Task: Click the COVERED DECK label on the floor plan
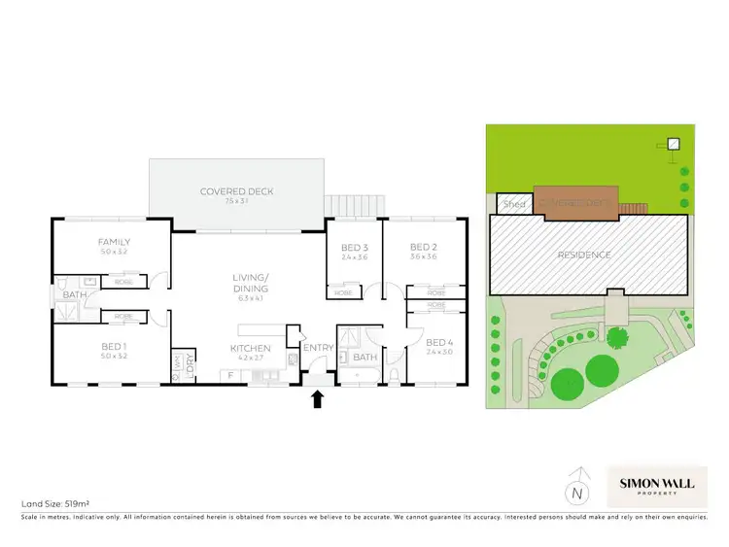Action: click(236, 191)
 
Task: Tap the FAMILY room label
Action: click(114, 242)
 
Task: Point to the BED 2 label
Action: click(420, 247)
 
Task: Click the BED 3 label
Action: click(354, 247)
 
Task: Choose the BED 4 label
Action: click(439, 342)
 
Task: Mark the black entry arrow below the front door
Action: click(316, 399)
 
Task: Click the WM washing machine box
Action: click(178, 365)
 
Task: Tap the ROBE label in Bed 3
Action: click(343, 291)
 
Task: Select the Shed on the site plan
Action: click(511, 204)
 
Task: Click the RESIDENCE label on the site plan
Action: click(584, 255)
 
